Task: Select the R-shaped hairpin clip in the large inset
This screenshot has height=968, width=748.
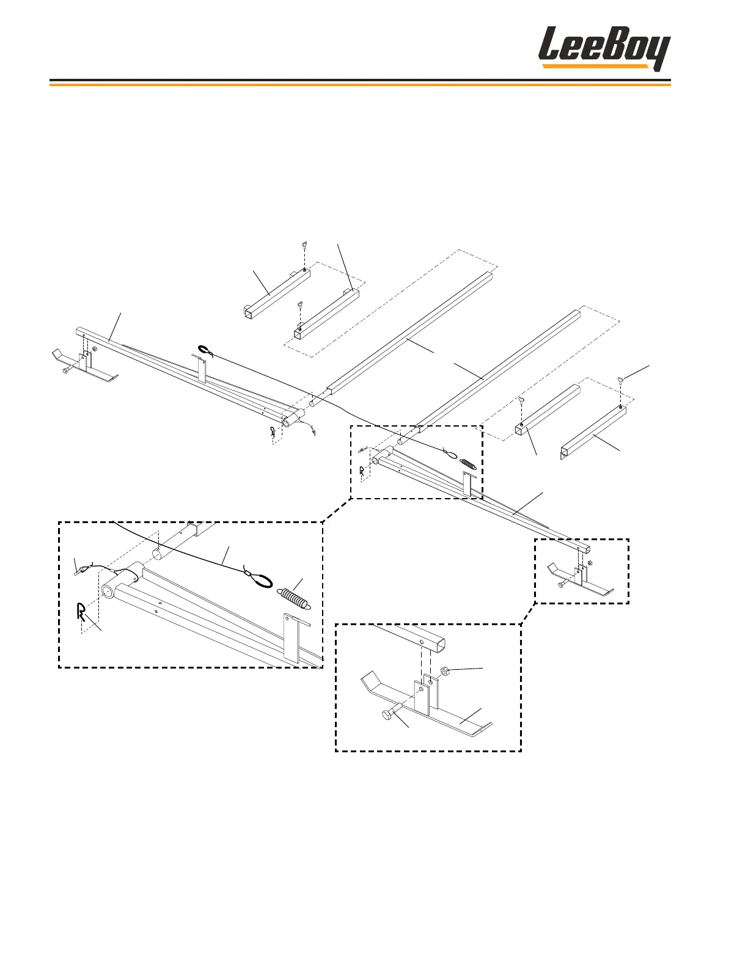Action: pyautogui.click(x=81, y=610)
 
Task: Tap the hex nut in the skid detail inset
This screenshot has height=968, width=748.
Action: pyautogui.click(x=445, y=672)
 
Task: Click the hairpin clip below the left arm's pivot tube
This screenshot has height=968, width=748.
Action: pyautogui.click(x=273, y=432)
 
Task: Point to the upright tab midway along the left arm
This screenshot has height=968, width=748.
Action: pyautogui.click(x=200, y=373)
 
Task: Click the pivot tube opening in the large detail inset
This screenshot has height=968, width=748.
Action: pyautogui.click(x=109, y=592)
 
